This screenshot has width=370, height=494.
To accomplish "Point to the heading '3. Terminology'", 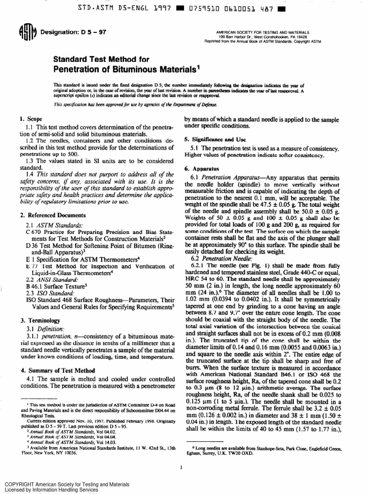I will click(37, 320).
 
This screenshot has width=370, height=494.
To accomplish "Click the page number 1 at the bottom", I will click(179, 467).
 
